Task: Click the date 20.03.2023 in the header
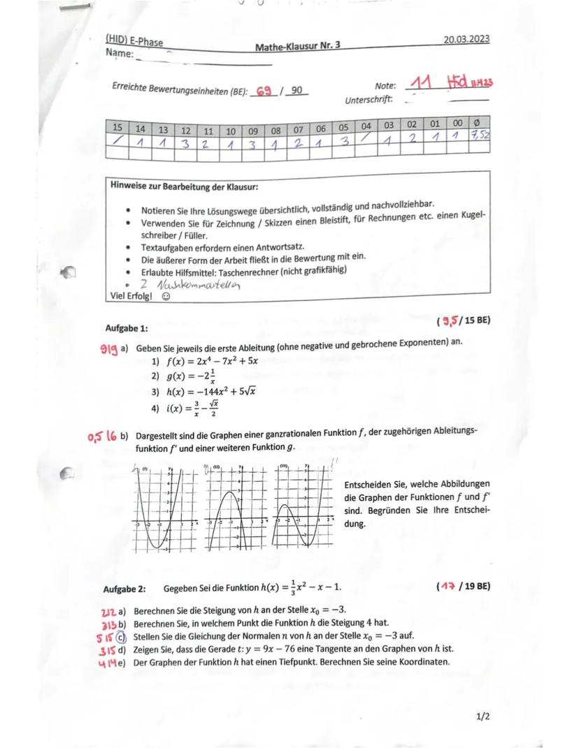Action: (x=466, y=39)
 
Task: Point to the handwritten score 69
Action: (x=264, y=91)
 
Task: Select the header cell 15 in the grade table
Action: (x=117, y=128)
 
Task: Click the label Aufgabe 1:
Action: (x=127, y=328)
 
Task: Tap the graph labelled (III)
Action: (x=303, y=507)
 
